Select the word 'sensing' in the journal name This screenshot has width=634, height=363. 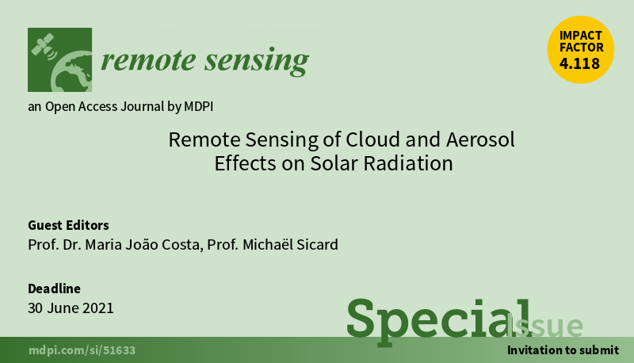pos(257,62)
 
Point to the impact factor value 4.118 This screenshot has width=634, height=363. pos(579,63)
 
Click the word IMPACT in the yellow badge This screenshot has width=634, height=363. pos(581,35)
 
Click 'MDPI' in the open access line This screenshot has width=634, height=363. pos(199,106)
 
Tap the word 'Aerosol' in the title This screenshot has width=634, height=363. pos(480,139)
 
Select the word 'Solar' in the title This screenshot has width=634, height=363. pos(334,164)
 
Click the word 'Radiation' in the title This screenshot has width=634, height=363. pos(408,164)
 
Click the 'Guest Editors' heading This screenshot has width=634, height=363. pos(68,225)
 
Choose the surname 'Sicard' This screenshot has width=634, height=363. pos(318,245)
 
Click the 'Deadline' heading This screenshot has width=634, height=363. pos(54,288)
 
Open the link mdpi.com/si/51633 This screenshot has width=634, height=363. pos(82,350)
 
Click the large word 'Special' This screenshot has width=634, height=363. pos(438,321)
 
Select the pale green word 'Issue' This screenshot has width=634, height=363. pos(544,326)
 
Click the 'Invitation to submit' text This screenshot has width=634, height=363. pos(563,350)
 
